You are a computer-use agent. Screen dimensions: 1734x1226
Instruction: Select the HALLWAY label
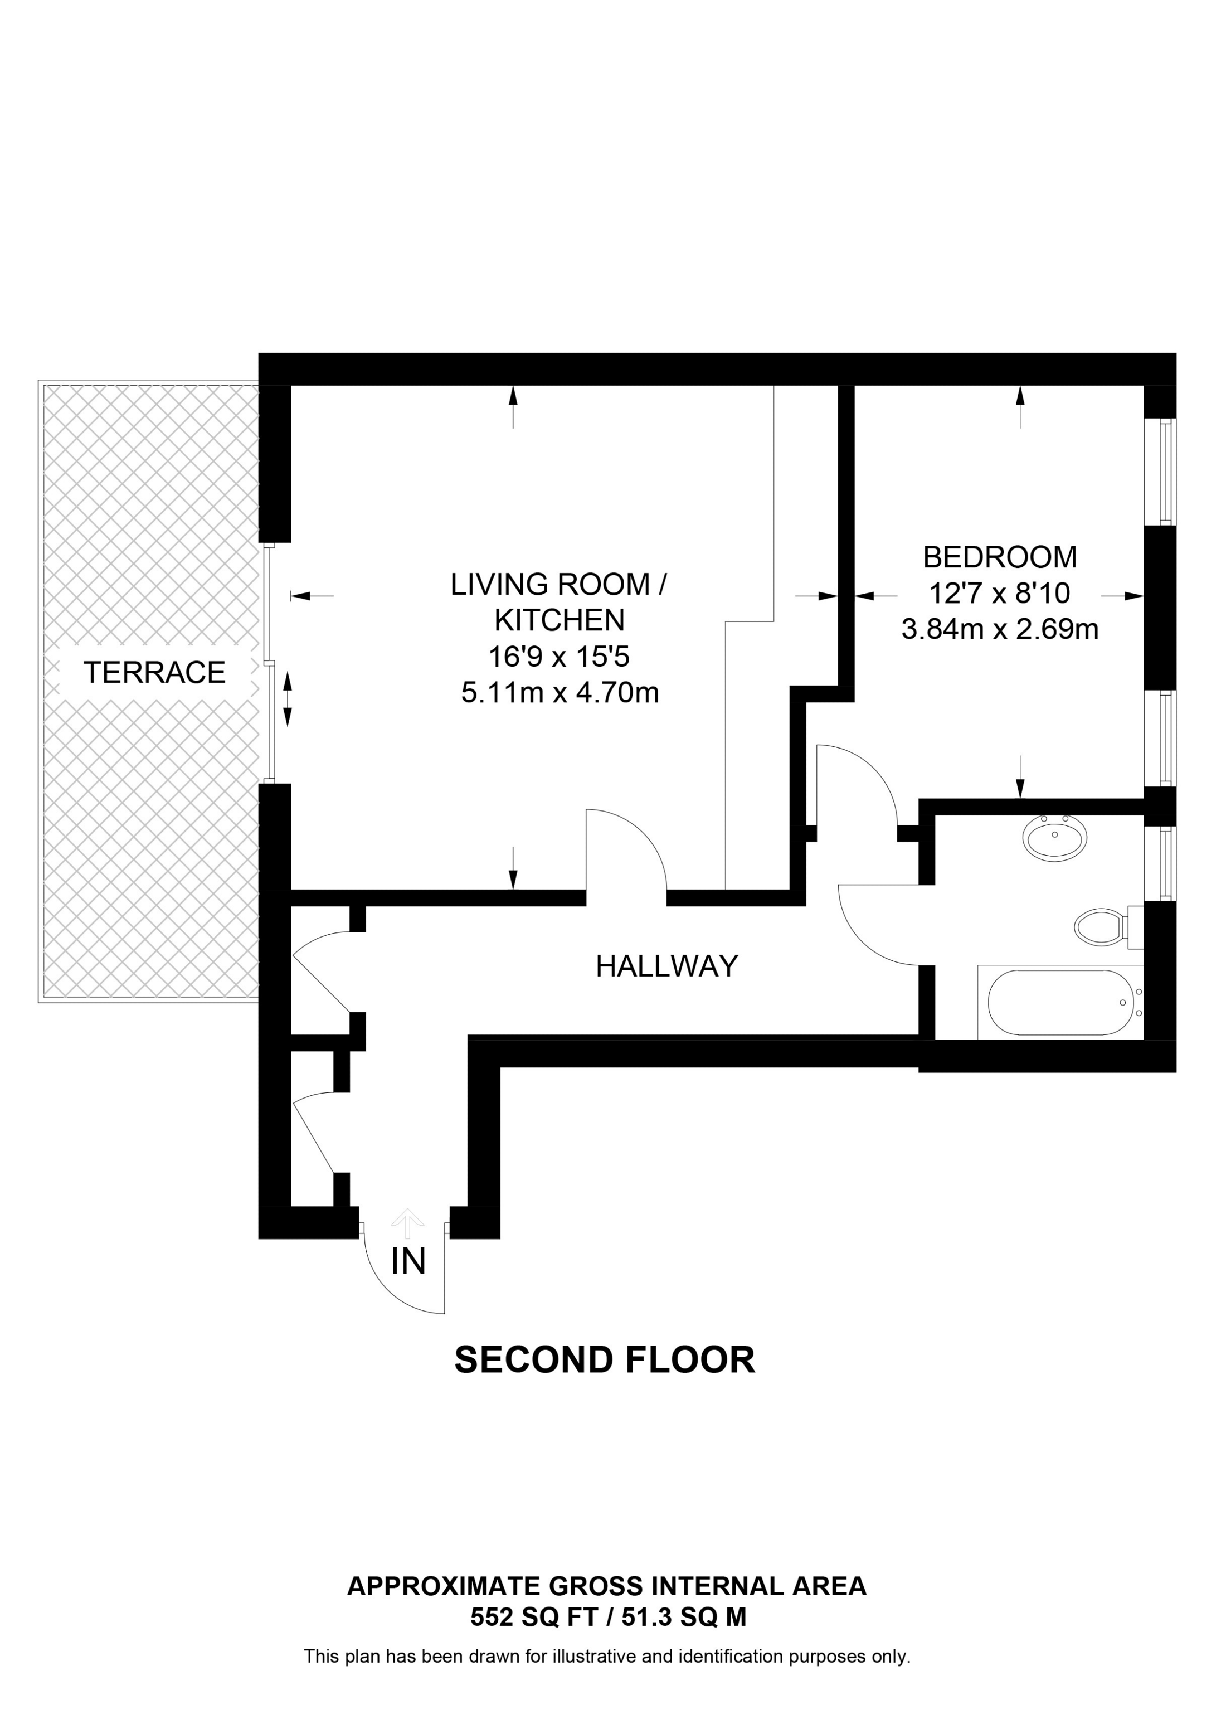click(666, 966)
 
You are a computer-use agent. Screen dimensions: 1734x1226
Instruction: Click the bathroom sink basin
click(1054, 837)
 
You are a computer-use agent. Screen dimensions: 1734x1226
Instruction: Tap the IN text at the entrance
click(408, 1262)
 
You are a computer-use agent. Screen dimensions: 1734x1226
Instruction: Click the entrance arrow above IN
click(408, 1224)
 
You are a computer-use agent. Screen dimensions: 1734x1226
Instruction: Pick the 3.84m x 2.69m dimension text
click(1000, 629)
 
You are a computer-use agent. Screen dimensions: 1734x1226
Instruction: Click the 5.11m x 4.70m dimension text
click(560, 693)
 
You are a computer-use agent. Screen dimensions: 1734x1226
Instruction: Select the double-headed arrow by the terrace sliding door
click(288, 700)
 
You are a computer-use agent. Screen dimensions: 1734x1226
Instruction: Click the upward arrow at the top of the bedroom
click(1021, 406)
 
